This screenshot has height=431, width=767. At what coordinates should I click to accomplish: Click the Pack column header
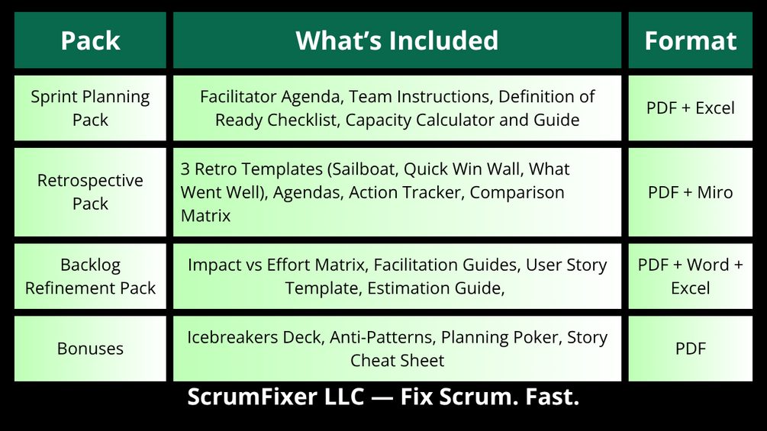(x=90, y=40)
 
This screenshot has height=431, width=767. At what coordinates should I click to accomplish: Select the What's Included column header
(x=397, y=40)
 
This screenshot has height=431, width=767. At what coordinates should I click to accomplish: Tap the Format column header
(x=690, y=40)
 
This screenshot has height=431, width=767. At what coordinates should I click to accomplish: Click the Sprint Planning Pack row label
(x=90, y=108)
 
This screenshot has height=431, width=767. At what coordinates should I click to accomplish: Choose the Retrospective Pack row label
(x=90, y=192)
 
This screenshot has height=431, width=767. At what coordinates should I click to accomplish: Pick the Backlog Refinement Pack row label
(x=90, y=276)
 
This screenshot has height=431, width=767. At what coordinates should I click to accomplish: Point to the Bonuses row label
(x=90, y=349)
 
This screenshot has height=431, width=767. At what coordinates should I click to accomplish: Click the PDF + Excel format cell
(x=690, y=108)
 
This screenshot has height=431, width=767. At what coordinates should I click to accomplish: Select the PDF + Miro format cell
(x=690, y=192)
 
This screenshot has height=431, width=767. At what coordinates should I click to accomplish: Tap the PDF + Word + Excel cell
(x=690, y=276)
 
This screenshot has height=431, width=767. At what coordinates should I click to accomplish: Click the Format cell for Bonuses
(x=690, y=349)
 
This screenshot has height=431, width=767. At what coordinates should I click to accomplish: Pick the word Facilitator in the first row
(x=238, y=97)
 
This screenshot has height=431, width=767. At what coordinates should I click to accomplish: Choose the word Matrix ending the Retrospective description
(x=205, y=216)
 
